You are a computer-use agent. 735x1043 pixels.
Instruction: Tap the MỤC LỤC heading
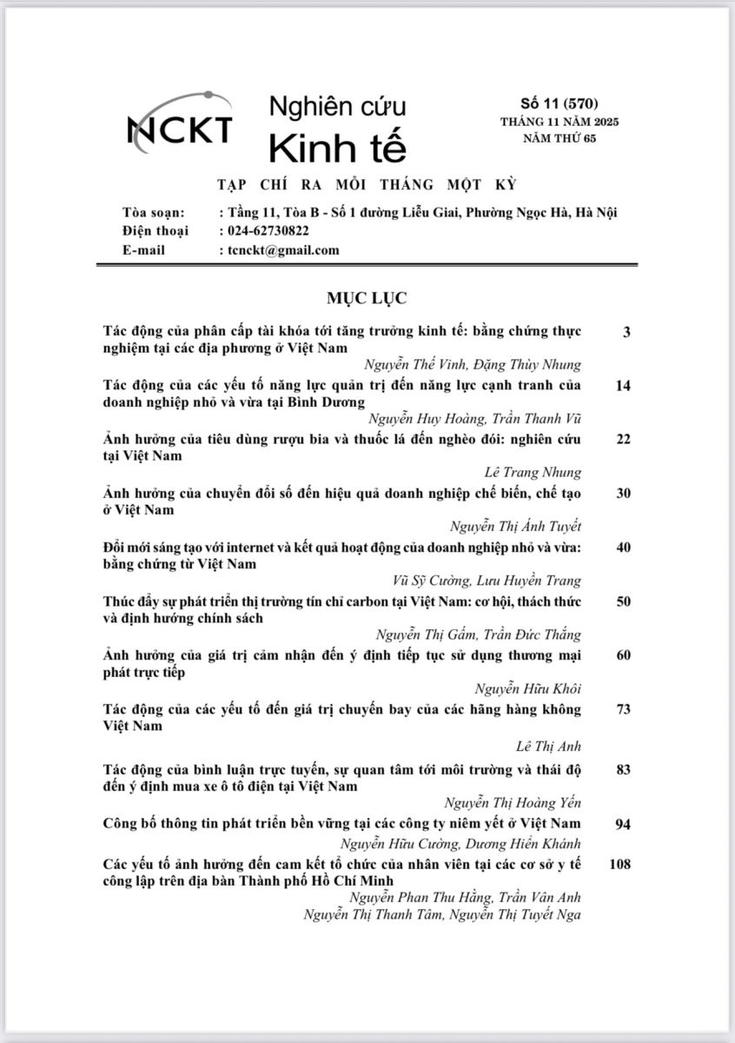tap(367, 298)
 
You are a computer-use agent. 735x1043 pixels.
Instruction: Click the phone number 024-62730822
tap(268, 231)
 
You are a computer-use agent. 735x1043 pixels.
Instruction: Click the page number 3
tap(626, 332)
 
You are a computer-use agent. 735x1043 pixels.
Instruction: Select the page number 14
tap(622, 385)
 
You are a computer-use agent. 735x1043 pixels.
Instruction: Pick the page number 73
tap(622, 709)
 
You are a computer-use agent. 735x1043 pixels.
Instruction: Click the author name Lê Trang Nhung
tap(533, 472)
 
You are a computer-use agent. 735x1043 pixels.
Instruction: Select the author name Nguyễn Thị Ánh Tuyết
tap(516, 526)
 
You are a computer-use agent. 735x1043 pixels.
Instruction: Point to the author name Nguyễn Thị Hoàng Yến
tap(513, 803)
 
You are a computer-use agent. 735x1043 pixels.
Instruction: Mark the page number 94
tap(622, 824)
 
